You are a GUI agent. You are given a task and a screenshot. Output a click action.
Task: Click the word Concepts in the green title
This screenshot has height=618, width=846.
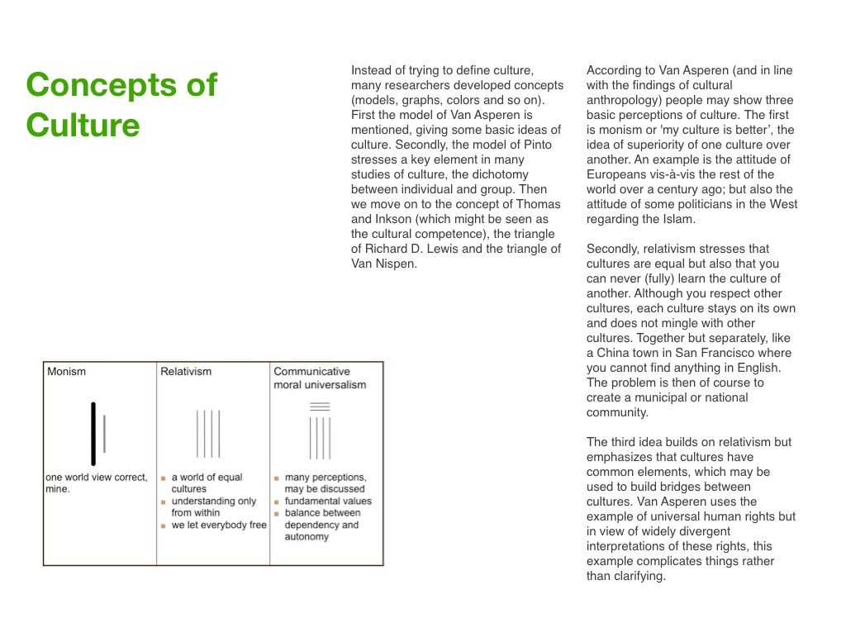[x=121, y=85]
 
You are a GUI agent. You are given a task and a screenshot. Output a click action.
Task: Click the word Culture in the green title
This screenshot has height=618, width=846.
[x=83, y=126]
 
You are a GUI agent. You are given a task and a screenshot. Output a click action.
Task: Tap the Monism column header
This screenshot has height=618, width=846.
[x=66, y=372]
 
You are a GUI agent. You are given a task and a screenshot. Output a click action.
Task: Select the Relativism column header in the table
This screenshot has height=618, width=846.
[x=186, y=372]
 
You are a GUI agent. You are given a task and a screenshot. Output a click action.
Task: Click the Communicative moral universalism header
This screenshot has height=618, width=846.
[x=320, y=378]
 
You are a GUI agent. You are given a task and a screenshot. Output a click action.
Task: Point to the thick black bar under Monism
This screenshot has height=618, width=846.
[x=93, y=434]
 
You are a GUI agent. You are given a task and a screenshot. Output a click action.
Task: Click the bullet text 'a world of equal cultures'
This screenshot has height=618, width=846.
[x=207, y=483]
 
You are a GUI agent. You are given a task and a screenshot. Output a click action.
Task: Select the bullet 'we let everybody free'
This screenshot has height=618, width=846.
[x=219, y=525]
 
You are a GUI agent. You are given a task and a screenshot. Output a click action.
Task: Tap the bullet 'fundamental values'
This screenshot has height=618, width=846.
[x=328, y=501]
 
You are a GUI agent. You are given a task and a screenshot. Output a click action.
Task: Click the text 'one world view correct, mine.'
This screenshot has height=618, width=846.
[x=97, y=483]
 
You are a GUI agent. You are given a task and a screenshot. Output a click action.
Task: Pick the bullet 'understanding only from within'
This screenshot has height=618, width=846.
[x=213, y=506]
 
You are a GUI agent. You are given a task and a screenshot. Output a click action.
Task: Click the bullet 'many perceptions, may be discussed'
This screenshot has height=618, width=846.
[x=325, y=483]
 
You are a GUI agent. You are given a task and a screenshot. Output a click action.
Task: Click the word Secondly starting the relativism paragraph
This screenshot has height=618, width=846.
[x=614, y=249]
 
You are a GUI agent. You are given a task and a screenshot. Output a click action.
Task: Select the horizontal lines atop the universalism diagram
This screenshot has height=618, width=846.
[x=320, y=406]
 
